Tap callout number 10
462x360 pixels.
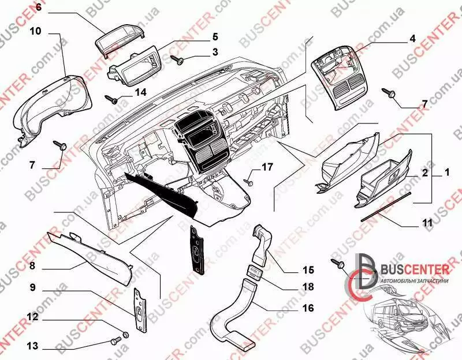[35, 32]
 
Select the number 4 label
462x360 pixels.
[412, 39]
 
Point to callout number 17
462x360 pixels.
[267, 168]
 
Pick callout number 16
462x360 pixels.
[308, 308]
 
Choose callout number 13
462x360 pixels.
[33, 346]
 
